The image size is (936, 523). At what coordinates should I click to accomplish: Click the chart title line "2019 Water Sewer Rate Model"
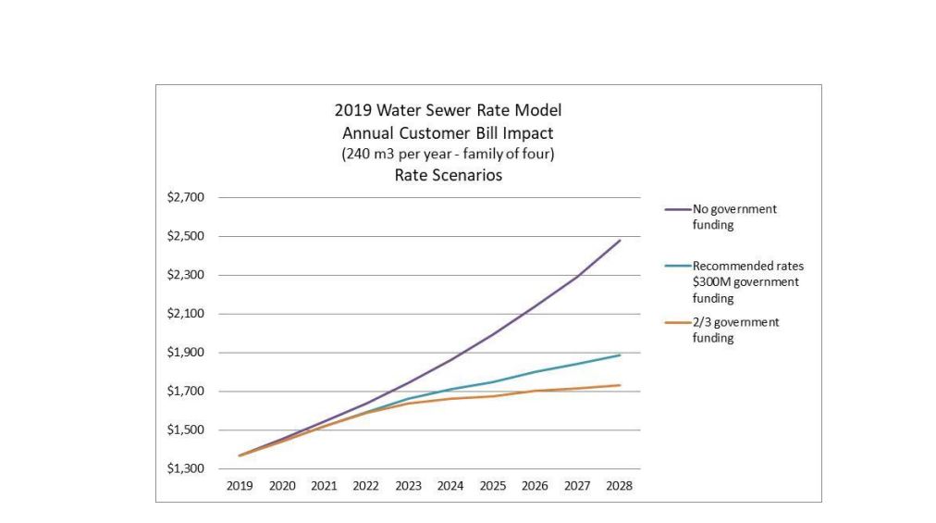point(448,110)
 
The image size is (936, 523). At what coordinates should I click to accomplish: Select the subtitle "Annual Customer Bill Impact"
point(448,132)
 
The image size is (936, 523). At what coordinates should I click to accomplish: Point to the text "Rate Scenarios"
point(448,175)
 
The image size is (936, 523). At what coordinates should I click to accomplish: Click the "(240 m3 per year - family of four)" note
point(448,154)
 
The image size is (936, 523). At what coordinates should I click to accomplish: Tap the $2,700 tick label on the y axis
point(186,197)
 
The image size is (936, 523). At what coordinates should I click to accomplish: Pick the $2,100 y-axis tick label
point(186,314)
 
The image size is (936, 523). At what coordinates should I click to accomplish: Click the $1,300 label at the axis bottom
point(186,469)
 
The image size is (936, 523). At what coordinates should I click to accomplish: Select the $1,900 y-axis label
point(186,353)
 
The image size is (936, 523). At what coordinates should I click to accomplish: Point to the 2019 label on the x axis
point(240,486)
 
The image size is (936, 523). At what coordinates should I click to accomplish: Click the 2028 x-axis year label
point(619,486)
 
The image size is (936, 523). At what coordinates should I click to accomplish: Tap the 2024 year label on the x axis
point(450,486)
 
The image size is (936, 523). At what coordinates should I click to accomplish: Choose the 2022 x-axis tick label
point(366,486)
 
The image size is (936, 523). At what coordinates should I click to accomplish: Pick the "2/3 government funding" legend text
point(735,330)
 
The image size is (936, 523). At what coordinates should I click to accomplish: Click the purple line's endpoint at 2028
point(620,241)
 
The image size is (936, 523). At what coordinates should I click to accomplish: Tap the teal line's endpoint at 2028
point(620,355)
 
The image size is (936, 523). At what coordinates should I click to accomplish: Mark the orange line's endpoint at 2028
point(620,385)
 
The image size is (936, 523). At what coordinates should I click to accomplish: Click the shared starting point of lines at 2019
point(240,455)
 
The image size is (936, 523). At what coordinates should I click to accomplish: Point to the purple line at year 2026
point(536,306)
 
